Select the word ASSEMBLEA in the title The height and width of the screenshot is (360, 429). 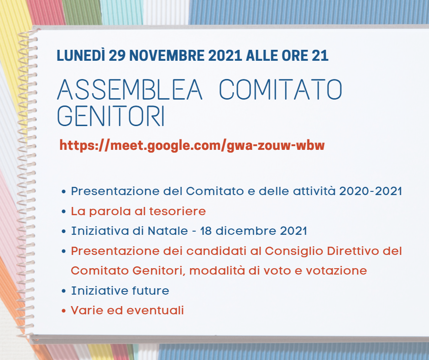130,90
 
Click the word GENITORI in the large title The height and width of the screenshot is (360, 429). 111,116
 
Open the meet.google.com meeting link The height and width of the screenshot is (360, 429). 192,145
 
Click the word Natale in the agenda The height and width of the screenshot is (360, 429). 167,231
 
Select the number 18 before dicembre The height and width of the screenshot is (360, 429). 205,231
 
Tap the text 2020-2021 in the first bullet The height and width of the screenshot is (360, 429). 371,191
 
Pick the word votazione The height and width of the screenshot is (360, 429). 336,270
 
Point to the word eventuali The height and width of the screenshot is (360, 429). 155,310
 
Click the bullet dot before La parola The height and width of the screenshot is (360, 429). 64,212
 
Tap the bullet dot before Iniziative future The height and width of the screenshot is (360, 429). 64,291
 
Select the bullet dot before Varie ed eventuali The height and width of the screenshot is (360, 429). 64,311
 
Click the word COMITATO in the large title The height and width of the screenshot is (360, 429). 281,90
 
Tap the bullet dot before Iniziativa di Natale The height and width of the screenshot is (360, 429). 64,231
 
